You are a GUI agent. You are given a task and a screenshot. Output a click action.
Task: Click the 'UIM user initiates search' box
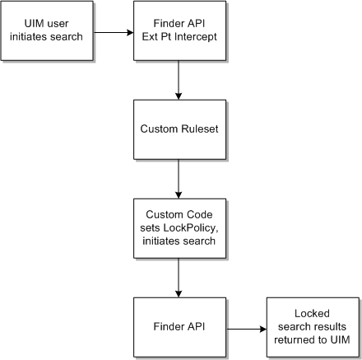[47, 31]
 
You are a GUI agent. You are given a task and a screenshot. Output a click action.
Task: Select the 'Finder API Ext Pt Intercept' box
[179, 31]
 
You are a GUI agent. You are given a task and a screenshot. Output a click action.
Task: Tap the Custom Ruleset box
[179, 129]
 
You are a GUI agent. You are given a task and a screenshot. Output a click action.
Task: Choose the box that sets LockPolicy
[179, 228]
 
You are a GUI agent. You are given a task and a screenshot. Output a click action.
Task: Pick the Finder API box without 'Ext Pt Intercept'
[179, 327]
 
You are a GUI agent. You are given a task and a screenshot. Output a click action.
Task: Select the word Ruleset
[197, 130]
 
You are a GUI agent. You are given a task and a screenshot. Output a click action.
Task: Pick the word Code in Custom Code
[200, 216]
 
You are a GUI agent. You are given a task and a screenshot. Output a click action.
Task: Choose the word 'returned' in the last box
[294, 339]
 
